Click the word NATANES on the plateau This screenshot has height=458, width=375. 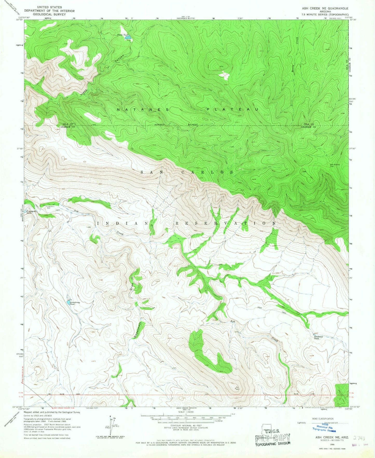[143, 110]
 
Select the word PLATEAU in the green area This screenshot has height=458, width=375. [233, 110]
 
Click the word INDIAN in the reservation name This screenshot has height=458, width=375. [123, 223]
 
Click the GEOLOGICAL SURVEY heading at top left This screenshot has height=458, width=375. [49, 15]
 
